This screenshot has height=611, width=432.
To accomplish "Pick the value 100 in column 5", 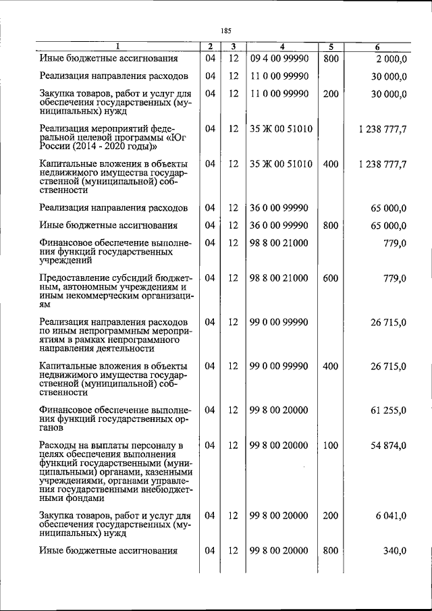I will pyautogui.click(x=330, y=446).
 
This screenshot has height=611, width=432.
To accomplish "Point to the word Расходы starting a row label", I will pyautogui.click(x=59, y=446).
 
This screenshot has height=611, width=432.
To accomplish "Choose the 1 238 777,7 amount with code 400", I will pyautogui.click(x=383, y=164).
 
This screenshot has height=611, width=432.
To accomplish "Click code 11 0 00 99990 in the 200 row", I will pyautogui.click(x=279, y=94).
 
